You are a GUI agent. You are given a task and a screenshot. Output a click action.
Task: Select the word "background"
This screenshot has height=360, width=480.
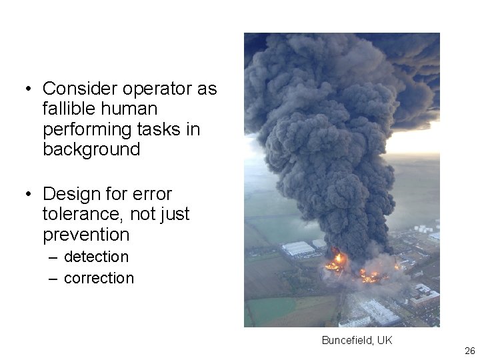pos(91,149)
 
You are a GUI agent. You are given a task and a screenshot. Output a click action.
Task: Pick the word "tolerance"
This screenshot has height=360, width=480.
pos(79,214)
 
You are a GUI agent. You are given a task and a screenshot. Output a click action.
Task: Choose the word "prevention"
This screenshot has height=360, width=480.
pos(86,235)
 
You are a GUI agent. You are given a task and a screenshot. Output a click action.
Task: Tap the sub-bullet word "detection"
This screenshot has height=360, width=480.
pos(96,257)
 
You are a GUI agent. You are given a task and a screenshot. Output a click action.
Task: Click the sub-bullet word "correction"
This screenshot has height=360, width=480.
pos(99,278)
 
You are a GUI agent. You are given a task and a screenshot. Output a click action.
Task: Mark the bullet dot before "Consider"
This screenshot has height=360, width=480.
pos(29,89)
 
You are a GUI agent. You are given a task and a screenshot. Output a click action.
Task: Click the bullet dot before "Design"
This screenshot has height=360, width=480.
pos(29,195)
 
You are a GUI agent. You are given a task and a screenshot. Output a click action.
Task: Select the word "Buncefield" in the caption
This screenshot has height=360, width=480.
pos(346,341)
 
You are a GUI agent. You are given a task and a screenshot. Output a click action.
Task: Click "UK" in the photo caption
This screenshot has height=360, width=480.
pos(385,341)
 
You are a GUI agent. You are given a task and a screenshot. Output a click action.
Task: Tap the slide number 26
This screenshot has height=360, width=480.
pos(469,351)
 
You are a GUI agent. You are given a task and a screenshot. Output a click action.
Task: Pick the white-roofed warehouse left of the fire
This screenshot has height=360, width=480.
pos(298,249)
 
